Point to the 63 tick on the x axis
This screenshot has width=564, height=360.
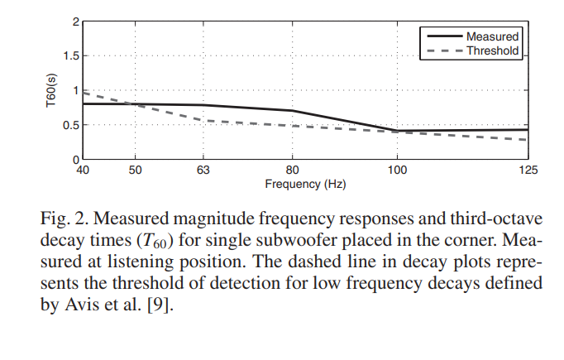(203, 170)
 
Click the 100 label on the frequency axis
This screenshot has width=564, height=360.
(397, 170)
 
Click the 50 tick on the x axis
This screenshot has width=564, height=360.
(136, 170)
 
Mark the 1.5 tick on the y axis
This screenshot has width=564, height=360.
(70, 56)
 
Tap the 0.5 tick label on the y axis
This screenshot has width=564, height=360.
(70, 125)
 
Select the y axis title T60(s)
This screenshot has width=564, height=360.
(50, 89)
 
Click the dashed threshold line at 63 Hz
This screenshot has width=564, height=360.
(203, 120)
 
